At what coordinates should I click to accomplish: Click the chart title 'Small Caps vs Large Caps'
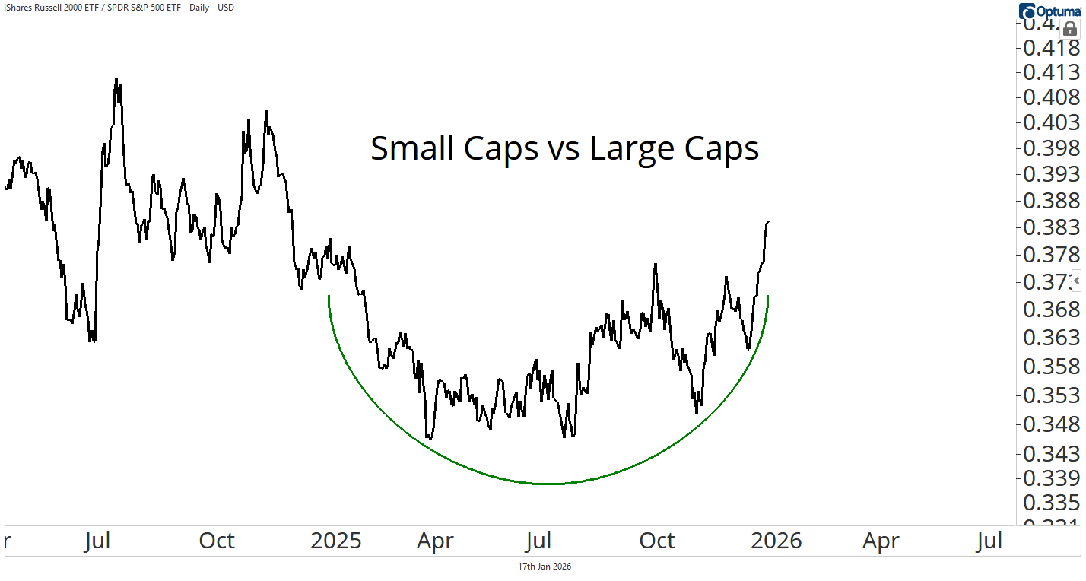pyautogui.click(x=564, y=148)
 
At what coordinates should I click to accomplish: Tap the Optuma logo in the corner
pyautogui.click(x=1050, y=11)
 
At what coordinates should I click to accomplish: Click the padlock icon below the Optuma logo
pyautogui.click(x=1069, y=30)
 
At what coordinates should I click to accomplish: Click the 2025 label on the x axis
pyautogui.click(x=336, y=541)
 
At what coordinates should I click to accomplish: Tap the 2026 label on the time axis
pyautogui.click(x=776, y=541)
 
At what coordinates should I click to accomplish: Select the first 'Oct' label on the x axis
pyautogui.click(x=217, y=541)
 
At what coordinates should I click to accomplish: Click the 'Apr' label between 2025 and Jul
pyautogui.click(x=435, y=541)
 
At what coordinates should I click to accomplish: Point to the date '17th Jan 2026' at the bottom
pyautogui.click(x=545, y=567)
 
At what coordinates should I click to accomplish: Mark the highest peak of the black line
pyautogui.click(x=116, y=79)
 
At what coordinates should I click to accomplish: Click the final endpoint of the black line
pyautogui.click(x=769, y=221)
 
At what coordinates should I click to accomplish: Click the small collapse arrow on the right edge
pyautogui.click(x=1077, y=281)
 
